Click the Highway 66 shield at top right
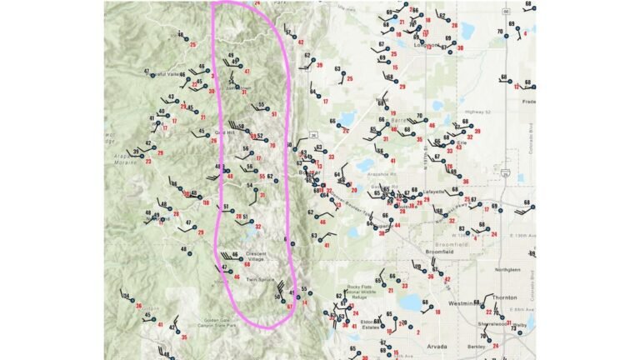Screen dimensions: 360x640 click(506, 12)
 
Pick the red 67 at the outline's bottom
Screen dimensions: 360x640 click(289, 307)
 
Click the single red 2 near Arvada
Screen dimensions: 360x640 click(417, 332)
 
